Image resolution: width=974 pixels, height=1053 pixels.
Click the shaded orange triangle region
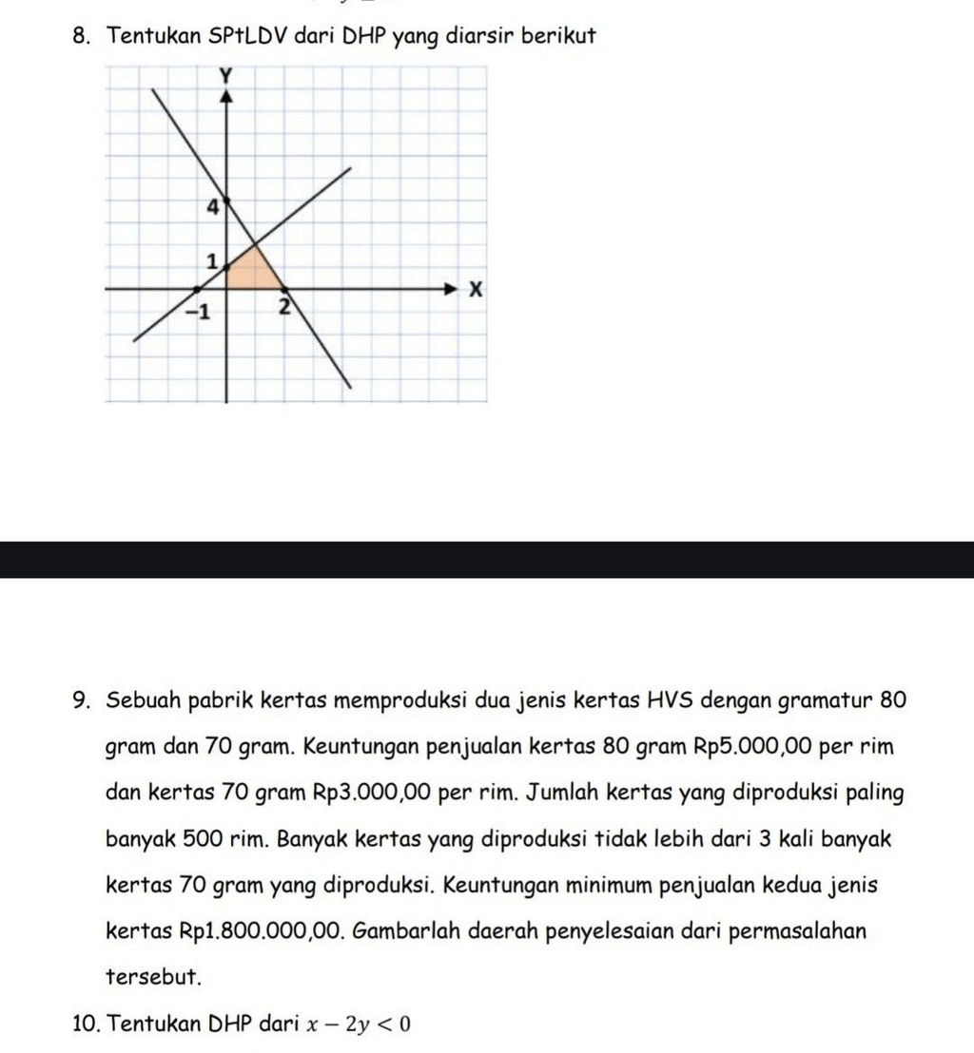click(252, 269)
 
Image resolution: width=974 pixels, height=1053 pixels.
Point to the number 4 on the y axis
click(212, 205)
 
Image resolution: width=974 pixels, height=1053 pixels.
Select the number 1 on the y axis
click(213, 259)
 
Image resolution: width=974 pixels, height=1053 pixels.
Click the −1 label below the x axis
click(200, 311)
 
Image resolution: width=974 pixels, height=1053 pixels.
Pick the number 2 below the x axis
click(282, 307)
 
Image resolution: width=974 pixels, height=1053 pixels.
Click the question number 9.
click(82, 701)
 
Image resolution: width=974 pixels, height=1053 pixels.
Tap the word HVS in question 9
click(672, 701)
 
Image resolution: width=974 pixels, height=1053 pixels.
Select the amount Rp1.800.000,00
click(257, 930)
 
